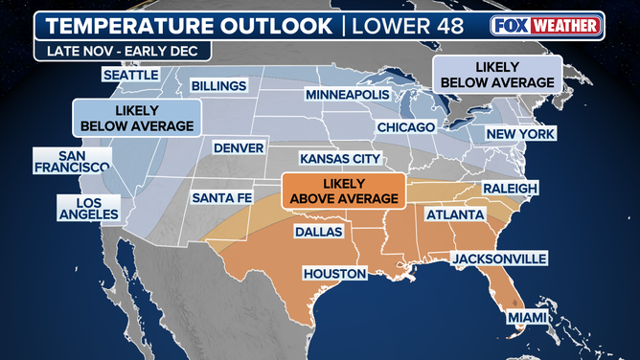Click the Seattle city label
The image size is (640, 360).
click(132, 75)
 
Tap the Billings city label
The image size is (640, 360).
click(219, 86)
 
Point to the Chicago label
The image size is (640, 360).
click(406, 127)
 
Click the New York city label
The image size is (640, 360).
click(521, 135)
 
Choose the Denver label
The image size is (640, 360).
click(239, 148)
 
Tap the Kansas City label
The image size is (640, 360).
click(340, 159)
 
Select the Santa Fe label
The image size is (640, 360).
click(223, 197)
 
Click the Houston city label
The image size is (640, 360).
click(334, 274)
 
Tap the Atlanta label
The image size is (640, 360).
click(454, 215)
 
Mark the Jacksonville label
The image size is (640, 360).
click(499, 259)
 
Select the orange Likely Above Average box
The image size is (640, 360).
click(342, 190)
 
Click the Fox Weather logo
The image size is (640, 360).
click(546, 24)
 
